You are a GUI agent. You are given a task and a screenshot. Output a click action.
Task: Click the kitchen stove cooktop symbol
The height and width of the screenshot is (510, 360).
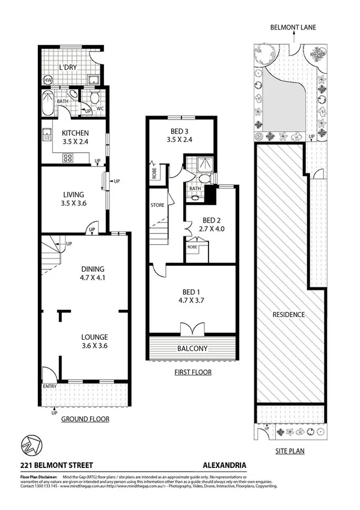[x=67, y=159]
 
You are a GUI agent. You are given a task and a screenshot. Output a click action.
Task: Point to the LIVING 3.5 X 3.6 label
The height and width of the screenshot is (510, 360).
[x=74, y=198]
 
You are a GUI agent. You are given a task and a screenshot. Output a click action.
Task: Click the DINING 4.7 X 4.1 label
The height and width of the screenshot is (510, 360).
[x=93, y=273]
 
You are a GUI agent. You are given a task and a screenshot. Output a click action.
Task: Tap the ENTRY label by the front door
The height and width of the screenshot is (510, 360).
[x=49, y=386]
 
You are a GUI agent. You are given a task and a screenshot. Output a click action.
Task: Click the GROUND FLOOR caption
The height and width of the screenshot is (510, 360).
[x=85, y=419]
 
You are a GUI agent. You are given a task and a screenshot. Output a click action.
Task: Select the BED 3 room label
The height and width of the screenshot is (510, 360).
[x=178, y=136]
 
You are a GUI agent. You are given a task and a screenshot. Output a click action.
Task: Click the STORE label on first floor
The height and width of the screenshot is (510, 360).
[x=157, y=206]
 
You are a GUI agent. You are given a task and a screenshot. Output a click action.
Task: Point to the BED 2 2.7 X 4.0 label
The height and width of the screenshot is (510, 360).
[x=208, y=224]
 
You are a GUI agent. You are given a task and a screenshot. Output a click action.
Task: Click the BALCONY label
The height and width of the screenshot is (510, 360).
[x=192, y=348]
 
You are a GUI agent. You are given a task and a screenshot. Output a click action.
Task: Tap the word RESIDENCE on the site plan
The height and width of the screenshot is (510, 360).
[x=288, y=315]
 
